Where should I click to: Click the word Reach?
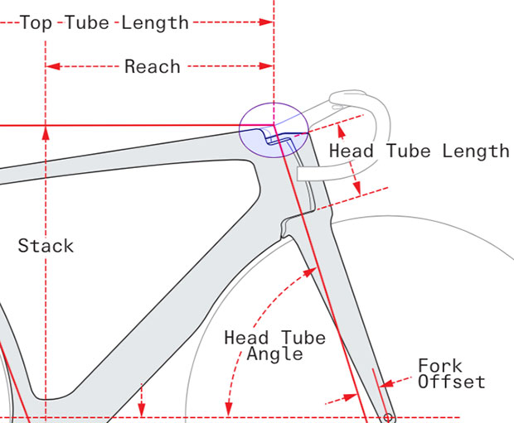click(153, 66)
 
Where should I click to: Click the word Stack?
click(46, 246)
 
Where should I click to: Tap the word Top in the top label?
click(36, 22)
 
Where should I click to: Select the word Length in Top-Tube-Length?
click(156, 22)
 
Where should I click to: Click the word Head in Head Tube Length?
click(351, 151)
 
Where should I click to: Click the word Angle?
click(275, 354)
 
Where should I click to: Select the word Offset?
click(452, 382)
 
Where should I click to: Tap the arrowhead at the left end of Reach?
click(52, 66)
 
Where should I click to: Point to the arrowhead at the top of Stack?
click(46, 132)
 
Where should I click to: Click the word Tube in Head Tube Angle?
click(299, 338)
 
